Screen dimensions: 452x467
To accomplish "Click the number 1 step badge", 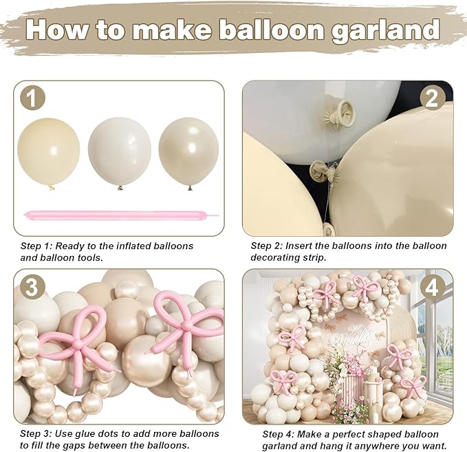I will click(x=32, y=98).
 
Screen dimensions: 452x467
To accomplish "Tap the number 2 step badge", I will click(x=432, y=98).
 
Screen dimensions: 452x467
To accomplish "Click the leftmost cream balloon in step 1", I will click(x=49, y=152).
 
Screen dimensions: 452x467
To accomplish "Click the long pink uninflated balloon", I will click(x=120, y=215).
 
